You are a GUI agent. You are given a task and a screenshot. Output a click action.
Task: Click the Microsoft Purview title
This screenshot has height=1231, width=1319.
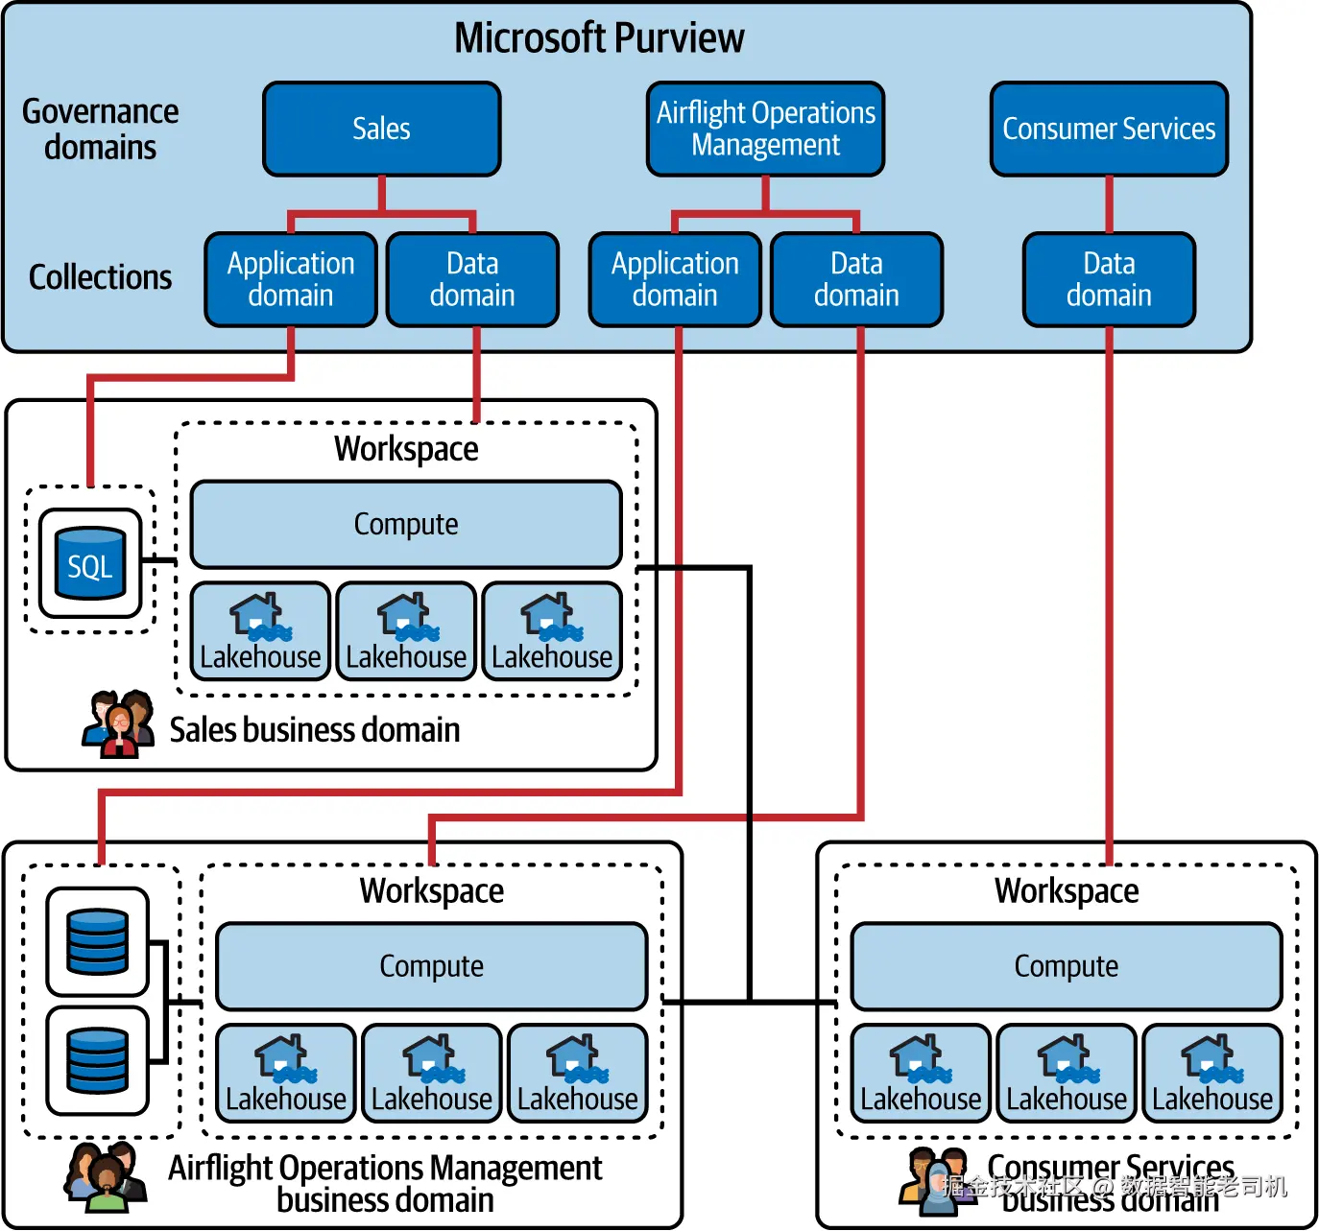tap(599, 38)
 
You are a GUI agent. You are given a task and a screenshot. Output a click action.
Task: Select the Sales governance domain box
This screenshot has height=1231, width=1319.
tap(381, 129)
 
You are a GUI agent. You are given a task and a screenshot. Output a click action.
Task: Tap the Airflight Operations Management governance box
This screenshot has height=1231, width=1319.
tap(765, 129)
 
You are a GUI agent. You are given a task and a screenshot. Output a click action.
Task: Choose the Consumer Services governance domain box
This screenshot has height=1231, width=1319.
tap(1109, 129)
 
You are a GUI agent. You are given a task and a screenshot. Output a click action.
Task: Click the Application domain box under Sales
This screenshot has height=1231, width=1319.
tap(290, 279)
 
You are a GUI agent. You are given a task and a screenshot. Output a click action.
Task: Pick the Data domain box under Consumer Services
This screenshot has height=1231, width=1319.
tap(1109, 279)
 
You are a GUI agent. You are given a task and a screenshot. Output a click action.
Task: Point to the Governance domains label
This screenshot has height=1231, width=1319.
tap(100, 130)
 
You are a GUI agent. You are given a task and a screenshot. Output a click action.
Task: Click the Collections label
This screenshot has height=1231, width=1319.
tap(100, 277)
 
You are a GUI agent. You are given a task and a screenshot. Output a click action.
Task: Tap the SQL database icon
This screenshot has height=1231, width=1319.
tap(90, 563)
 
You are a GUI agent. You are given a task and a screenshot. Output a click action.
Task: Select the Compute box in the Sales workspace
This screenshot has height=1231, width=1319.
tap(406, 524)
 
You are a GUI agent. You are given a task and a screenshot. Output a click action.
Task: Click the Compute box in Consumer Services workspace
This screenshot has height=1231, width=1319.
tap(1066, 966)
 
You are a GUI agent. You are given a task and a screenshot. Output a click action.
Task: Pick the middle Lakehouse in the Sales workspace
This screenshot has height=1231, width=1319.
tap(406, 631)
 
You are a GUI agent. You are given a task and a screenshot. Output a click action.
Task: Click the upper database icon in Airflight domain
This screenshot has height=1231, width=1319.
tap(97, 941)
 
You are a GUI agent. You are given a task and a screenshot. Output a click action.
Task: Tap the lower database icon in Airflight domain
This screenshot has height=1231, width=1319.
tap(97, 1060)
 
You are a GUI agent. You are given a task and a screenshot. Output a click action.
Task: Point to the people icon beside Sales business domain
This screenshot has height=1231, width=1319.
tap(118, 723)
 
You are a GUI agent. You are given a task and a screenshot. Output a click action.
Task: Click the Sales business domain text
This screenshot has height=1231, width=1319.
tap(315, 730)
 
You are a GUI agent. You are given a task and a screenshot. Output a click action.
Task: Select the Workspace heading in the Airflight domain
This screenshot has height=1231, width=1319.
tap(431, 890)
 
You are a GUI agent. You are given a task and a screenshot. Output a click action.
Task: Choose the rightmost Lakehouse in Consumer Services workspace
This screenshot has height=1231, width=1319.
tap(1211, 1074)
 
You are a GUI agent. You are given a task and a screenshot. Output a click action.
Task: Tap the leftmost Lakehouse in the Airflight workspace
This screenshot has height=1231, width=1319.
tap(285, 1074)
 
